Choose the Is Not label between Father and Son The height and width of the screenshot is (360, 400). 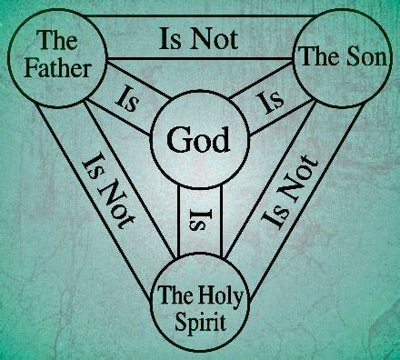pos(199,39)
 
